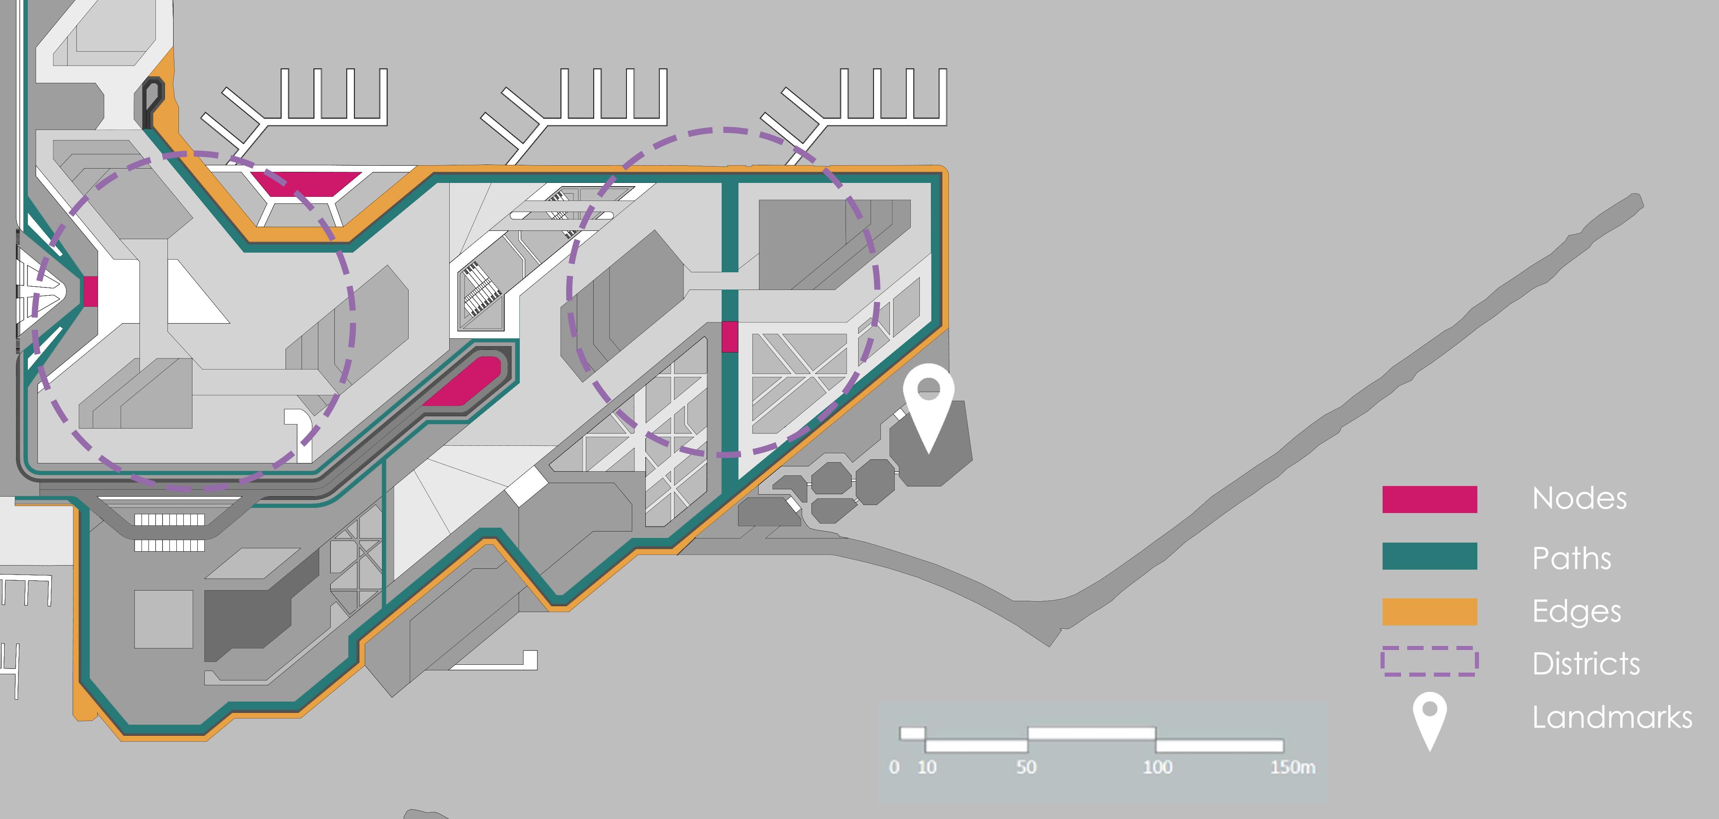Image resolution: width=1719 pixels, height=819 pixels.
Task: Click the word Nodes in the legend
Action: pos(1579,499)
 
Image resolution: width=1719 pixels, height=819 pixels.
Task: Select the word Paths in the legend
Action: pos(1572,558)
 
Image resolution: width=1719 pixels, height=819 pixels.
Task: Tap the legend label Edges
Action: pos(1576,611)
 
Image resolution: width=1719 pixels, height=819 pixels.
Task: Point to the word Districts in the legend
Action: pos(1586,664)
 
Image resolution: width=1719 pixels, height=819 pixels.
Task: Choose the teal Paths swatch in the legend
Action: pos(1429,556)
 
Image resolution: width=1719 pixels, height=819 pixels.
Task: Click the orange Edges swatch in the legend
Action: pos(1429,611)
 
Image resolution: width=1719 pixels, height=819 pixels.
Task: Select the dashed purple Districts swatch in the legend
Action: pos(1429,662)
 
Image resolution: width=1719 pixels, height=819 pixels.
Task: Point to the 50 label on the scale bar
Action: pos(1026,768)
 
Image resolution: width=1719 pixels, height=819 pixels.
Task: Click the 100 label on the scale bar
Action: pos(1157,768)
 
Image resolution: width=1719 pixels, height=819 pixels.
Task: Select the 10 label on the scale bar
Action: pos(927,768)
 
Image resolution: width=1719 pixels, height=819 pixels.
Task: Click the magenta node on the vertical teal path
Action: pos(730,337)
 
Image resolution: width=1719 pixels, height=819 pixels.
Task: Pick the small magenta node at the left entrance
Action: pos(91,292)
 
